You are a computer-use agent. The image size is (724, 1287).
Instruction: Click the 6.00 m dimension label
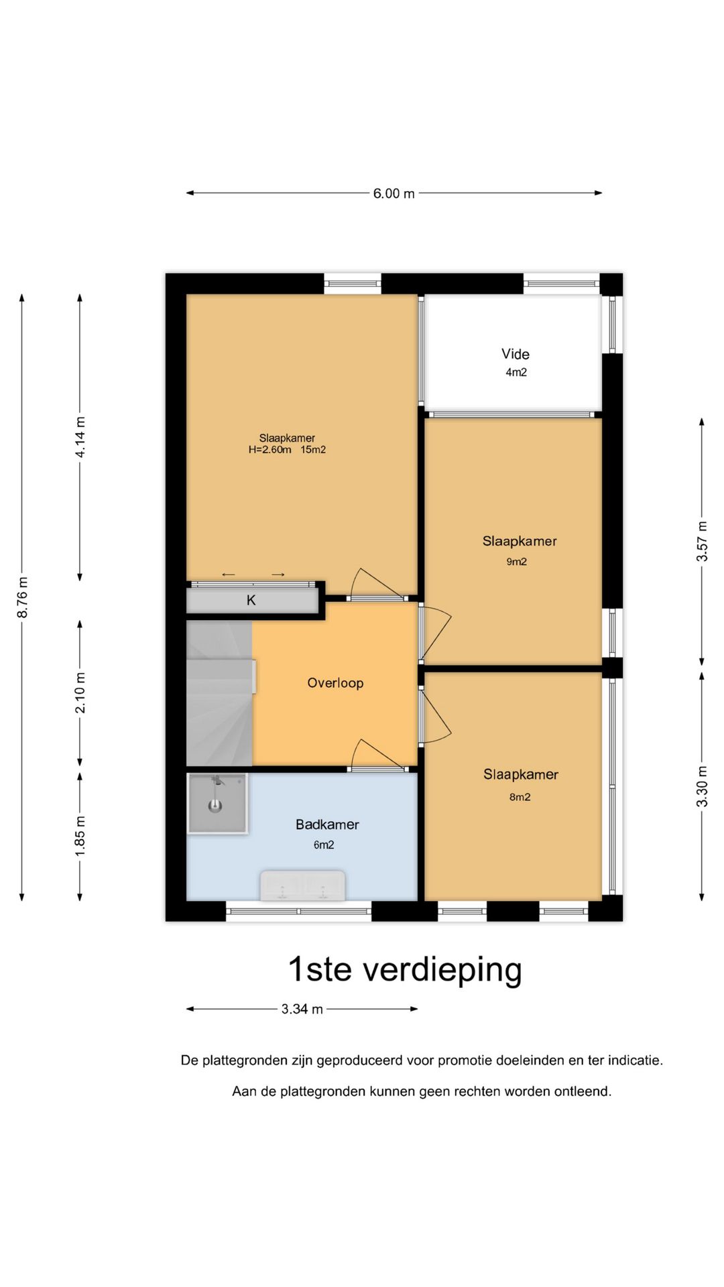click(394, 194)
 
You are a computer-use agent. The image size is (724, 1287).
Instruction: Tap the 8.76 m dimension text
click(22, 597)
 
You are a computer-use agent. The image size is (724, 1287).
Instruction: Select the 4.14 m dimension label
click(80, 437)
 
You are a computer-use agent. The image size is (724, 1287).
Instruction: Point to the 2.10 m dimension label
click(80, 692)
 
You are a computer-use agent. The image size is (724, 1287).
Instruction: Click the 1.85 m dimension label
click(80, 835)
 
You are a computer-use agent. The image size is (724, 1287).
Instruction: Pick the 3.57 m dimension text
click(702, 541)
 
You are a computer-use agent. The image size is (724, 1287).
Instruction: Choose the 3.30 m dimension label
click(702, 786)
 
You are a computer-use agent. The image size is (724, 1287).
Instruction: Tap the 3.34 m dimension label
click(302, 1009)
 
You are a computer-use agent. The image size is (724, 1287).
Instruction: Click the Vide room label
click(515, 354)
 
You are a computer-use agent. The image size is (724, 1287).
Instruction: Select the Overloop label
click(335, 683)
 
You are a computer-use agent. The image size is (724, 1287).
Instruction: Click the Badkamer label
click(327, 824)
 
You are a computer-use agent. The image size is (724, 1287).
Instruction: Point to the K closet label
click(251, 600)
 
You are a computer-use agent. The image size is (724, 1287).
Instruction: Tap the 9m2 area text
click(516, 562)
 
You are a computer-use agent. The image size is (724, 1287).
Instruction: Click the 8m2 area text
click(520, 797)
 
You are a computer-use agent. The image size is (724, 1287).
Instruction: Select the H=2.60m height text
click(269, 450)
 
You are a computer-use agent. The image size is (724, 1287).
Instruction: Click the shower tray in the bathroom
click(217, 804)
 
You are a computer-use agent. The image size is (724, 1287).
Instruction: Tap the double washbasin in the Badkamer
click(302, 886)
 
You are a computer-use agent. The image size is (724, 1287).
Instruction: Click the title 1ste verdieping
click(404, 969)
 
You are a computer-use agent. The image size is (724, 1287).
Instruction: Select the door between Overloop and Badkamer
click(379, 757)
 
